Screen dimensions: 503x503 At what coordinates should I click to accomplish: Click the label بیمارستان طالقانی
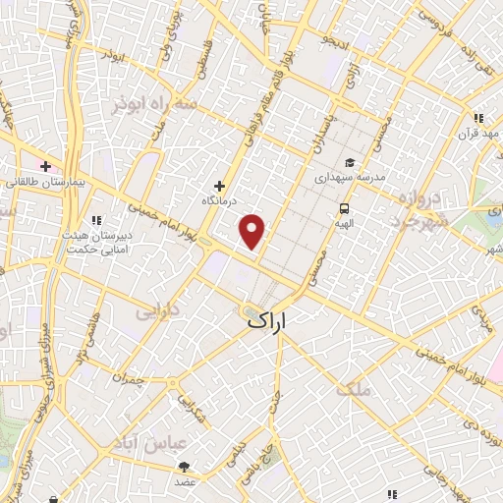point(45,182)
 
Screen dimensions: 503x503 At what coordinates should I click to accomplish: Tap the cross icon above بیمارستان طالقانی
point(45,165)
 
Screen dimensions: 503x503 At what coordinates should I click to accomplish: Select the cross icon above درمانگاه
point(219,185)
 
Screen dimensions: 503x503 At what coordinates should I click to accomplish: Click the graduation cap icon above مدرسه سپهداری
point(349,163)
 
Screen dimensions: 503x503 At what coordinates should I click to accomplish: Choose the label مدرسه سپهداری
point(346,180)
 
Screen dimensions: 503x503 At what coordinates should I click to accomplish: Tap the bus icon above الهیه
point(345,208)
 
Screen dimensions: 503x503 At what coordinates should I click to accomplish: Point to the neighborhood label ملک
point(355,389)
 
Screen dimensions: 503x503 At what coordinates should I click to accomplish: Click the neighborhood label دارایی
point(158,313)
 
